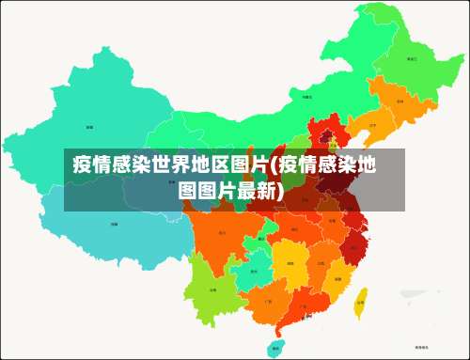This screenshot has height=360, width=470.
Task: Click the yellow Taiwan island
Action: (360, 301)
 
